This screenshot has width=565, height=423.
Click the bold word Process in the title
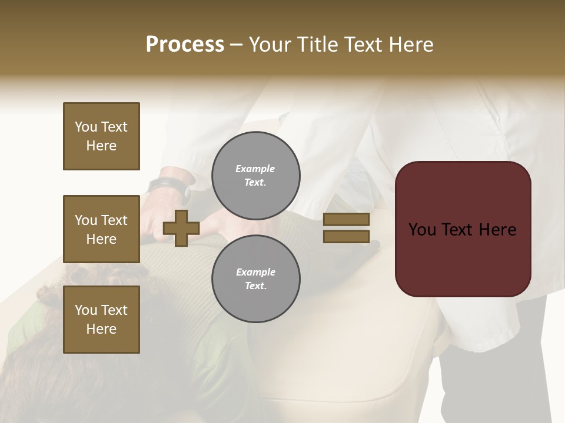coord(185,44)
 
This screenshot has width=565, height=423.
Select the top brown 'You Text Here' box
coord(101,136)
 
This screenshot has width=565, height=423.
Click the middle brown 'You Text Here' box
coord(101,229)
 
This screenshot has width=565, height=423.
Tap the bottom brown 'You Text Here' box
coord(101,320)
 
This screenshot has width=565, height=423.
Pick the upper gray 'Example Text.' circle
coord(255,176)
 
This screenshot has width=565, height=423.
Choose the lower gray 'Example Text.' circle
coord(255,278)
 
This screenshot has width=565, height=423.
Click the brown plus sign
coord(181,228)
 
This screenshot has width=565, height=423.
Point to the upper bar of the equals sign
coord(346,219)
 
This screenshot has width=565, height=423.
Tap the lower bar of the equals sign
coord(346,236)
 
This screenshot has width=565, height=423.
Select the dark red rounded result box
coord(463,229)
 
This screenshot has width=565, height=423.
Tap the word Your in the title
coord(270,44)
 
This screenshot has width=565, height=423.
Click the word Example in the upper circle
coord(255,169)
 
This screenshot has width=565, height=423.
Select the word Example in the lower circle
coord(255,272)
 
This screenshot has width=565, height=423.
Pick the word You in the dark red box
coord(423,230)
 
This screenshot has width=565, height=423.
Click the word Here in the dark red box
coord(497,230)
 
